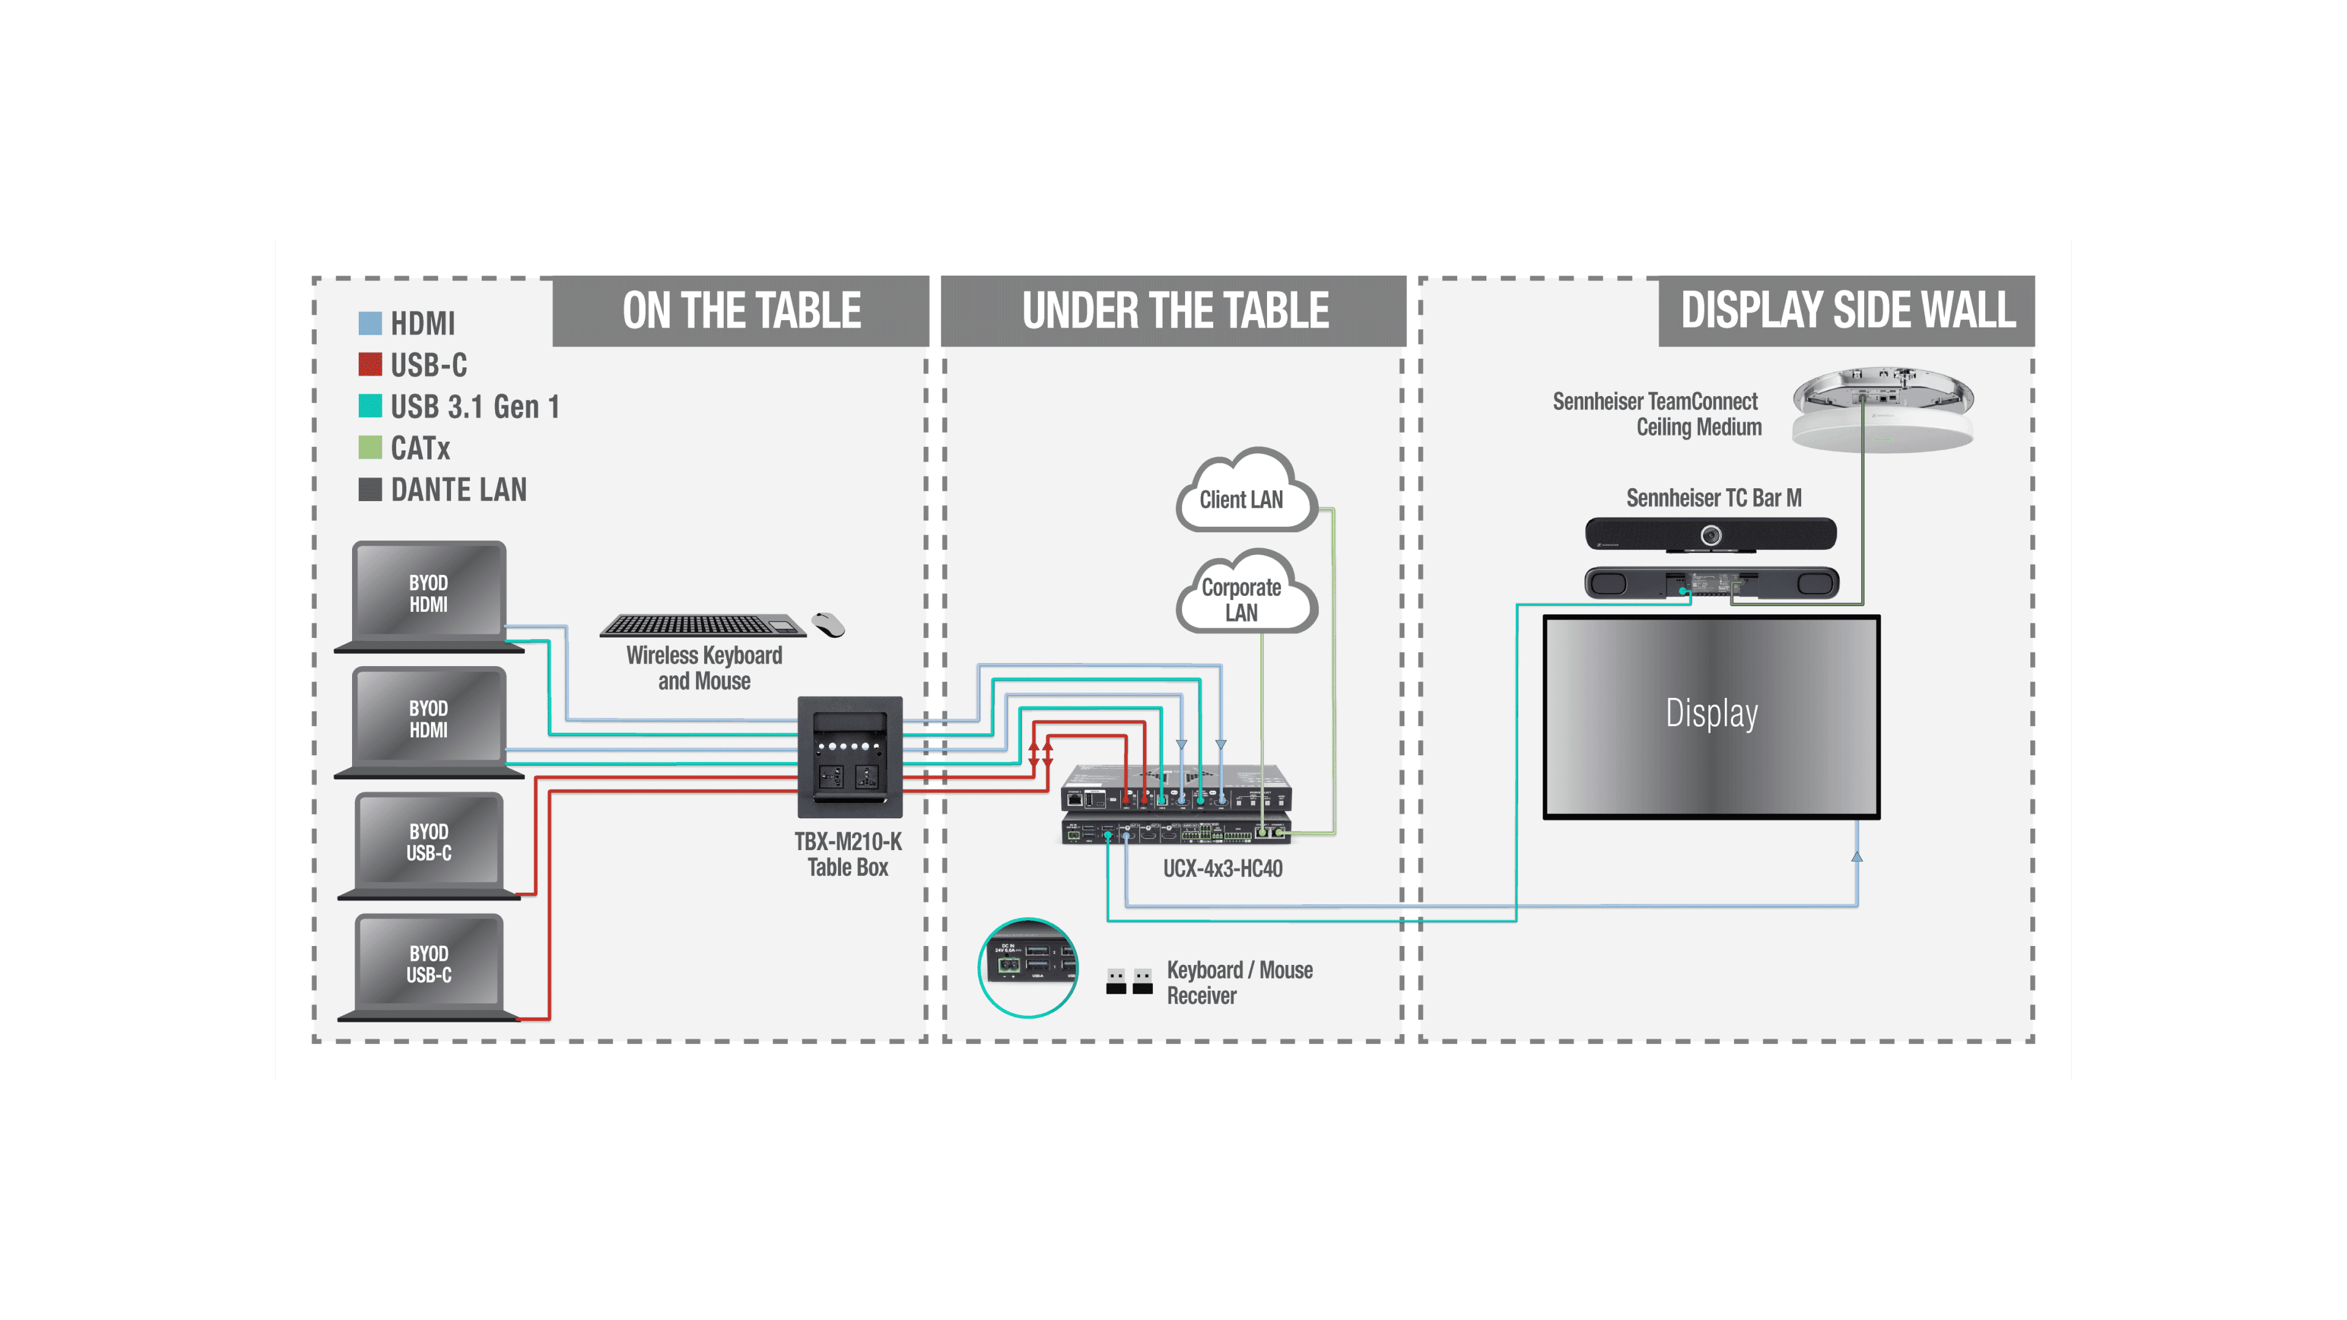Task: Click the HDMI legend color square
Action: pyautogui.click(x=370, y=323)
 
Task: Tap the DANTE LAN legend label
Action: pyautogui.click(x=458, y=490)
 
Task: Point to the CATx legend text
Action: pyautogui.click(x=420, y=448)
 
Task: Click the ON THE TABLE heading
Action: pyautogui.click(x=741, y=310)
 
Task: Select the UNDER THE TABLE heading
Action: pyautogui.click(x=1174, y=310)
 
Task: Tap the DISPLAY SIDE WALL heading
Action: pyautogui.click(x=1847, y=310)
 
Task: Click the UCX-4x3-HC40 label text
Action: pyautogui.click(x=1222, y=868)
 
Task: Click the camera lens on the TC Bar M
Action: pyautogui.click(x=1711, y=535)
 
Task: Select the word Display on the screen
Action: pyautogui.click(x=1711, y=713)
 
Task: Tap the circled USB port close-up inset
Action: pyautogui.click(x=1027, y=967)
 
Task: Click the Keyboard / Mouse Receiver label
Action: pyautogui.click(x=1239, y=982)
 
